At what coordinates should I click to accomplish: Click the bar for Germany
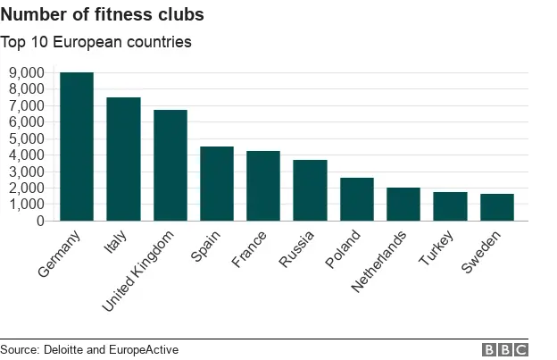tap(76, 147)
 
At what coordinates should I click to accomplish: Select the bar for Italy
tap(123, 159)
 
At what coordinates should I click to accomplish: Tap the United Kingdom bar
tap(170, 165)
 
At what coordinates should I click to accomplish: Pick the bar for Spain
tap(217, 183)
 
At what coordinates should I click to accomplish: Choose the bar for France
tap(263, 186)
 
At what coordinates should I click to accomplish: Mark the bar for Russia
tap(310, 190)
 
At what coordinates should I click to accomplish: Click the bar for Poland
tap(357, 199)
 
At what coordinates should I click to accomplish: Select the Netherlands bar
tap(403, 204)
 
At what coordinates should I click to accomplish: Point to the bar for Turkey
tap(450, 206)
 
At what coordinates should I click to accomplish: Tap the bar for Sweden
tap(497, 207)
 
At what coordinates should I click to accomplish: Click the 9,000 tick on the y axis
tap(27, 72)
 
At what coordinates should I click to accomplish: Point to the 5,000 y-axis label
tap(27, 138)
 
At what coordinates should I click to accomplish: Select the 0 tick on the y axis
tap(41, 221)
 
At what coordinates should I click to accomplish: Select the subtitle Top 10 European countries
tap(96, 41)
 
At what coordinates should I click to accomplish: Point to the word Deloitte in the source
tap(69, 349)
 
